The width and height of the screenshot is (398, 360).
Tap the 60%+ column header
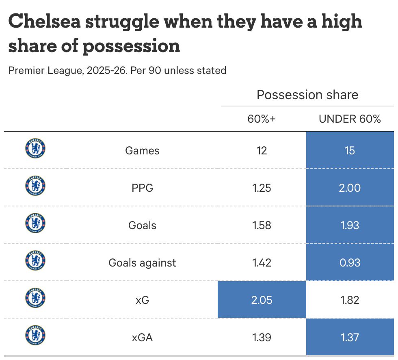click(x=262, y=119)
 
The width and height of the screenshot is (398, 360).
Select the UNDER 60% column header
click(x=350, y=119)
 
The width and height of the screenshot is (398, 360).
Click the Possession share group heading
click(x=307, y=95)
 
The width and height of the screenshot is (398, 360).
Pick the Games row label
click(x=142, y=151)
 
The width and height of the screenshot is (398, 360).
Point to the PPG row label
click(x=142, y=188)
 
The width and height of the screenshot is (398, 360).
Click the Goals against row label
click(x=142, y=263)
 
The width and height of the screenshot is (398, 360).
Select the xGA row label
click(x=142, y=337)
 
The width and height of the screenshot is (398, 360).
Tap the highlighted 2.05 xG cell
click(x=262, y=300)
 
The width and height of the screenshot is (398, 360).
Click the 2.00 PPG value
click(x=350, y=188)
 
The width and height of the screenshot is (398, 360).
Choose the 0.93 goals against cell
click(x=350, y=263)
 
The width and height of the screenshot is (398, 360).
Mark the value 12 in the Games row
click(x=262, y=151)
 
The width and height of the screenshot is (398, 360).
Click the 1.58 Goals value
click(x=262, y=226)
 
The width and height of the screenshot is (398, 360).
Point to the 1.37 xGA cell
click(x=350, y=337)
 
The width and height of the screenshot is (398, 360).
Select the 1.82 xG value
click(x=350, y=300)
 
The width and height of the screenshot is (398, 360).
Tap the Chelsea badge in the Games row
click(x=35, y=148)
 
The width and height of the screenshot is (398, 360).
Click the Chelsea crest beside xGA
click(x=35, y=335)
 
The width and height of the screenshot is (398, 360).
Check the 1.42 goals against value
click(x=262, y=263)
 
